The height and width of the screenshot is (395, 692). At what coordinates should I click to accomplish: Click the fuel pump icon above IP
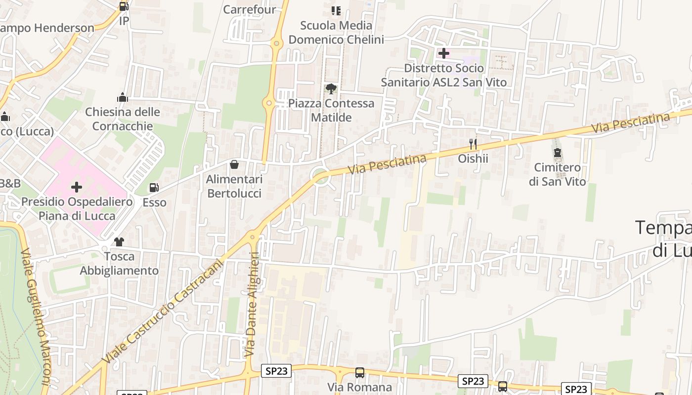point(124,6)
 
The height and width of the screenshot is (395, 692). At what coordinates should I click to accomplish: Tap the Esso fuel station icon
point(154,188)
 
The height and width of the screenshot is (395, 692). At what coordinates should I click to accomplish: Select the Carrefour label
point(249,9)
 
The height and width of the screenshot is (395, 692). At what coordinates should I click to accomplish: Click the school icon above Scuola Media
point(336,10)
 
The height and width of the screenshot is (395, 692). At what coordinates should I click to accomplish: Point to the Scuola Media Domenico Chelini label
point(336,33)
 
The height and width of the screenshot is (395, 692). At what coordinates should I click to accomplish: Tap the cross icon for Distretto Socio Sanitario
point(443,53)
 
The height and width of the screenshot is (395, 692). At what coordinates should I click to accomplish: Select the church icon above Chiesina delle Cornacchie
point(122,97)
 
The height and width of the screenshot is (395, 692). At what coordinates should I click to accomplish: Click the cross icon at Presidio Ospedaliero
point(77,187)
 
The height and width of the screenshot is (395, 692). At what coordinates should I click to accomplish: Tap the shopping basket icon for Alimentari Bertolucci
point(234,164)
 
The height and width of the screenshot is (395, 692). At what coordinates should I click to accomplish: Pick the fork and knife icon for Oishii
point(473,144)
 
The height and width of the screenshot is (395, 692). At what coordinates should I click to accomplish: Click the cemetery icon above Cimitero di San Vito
point(558,153)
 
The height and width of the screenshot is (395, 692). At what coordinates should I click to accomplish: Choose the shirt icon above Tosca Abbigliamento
point(119,242)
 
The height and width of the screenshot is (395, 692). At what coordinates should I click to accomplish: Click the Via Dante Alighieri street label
point(252,304)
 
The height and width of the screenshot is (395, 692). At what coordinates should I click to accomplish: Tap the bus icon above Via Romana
point(360,373)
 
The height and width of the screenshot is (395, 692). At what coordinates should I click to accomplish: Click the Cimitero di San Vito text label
point(557,175)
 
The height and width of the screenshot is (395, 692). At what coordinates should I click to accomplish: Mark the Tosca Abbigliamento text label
point(119,264)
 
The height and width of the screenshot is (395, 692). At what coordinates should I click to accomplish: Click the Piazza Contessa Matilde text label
point(331,111)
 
